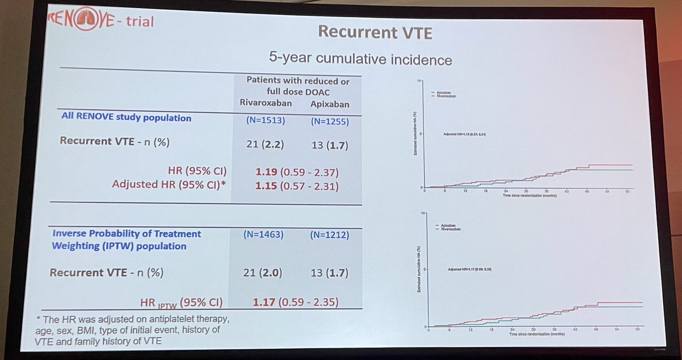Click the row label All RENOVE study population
pyautogui.click(x=126, y=118)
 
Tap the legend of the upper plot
pyautogui.click(x=445, y=94)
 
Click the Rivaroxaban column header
pyautogui.click(x=265, y=104)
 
